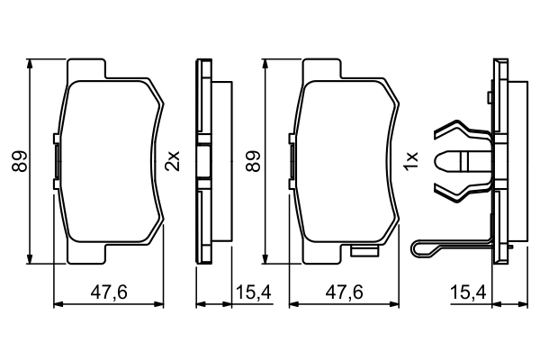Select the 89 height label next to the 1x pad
click(255, 161)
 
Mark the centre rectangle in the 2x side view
click(203, 162)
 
